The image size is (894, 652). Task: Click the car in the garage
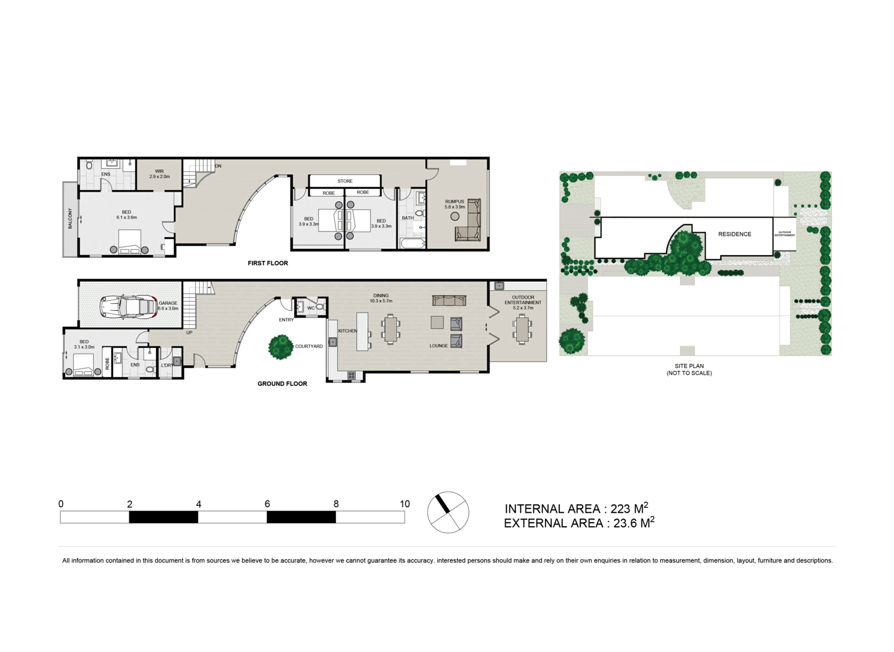click(x=129, y=307)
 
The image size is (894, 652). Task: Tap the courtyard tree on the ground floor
click(x=281, y=347)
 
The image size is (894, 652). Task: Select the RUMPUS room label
click(x=455, y=202)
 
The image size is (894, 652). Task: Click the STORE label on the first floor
click(x=345, y=181)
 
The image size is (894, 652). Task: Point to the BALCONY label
click(x=70, y=218)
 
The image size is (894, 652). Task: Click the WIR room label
click(x=159, y=172)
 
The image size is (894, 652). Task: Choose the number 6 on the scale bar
click(x=267, y=504)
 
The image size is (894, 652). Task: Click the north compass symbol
click(x=448, y=512)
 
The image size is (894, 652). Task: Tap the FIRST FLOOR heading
click(x=268, y=263)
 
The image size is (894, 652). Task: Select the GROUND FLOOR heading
click(x=282, y=384)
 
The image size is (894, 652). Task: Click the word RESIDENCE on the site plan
click(x=735, y=234)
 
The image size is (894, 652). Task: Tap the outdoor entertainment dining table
click(x=522, y=329)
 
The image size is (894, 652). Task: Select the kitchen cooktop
click(x=351, y=375)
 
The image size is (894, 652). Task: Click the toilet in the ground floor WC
click(x=321, y=307)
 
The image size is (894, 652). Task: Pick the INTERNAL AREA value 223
click(x=621, y=509)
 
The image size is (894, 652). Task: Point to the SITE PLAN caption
click(x=689, y=366)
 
